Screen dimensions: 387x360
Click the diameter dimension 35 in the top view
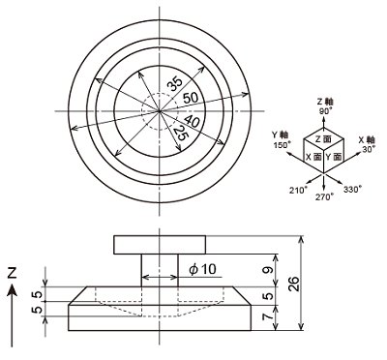pyautogui.click(x=175, y=85)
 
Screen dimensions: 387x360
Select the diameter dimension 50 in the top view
pyautogui.click(x=191, y=98)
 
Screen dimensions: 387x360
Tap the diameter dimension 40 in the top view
pyautogui.click(x=192, y=122)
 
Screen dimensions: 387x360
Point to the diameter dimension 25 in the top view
pyautogui.click(x=180, y=133)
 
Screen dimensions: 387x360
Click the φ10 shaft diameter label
pyautogui.click(x=203, y=269)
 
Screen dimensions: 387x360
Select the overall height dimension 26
pyautogui.click(x=293, y=284)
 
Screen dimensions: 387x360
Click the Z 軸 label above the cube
pyautogui.click(x=325, y=102)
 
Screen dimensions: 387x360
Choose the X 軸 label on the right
pyautogui.click(x=367, y=140)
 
